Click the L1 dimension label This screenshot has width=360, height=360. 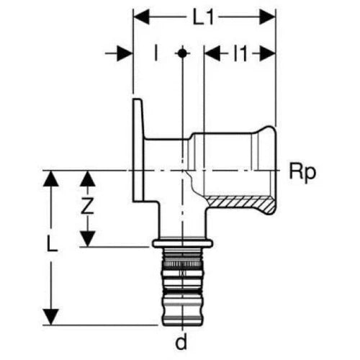pyautogui.click(x=203, y=17)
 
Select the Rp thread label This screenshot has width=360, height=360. pyautogui.click(x=302, y=173)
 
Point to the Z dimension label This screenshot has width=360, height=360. pyautogui.click(x=87, y=206)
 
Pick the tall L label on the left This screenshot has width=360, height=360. pyautogui.click(x=52, y=243)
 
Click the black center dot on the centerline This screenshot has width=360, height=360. pyautogui.click(x=182, y=53)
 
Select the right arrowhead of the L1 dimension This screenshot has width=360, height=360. pyautogui.click(x=267, y=17)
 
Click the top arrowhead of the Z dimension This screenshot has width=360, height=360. pyautogui.click(x=87, y=179)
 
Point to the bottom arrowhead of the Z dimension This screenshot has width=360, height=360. pyautogui.click(x=87, y=238)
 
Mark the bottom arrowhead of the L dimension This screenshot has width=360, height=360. pyautogui.click(x=51, y=318)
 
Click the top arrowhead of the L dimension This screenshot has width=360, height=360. pyautogui.click(x=51, y=179)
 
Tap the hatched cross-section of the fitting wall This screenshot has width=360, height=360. pyautogui.click(x=240, y=203)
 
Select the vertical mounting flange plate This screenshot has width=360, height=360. pyautogui.click(x=138, y=150)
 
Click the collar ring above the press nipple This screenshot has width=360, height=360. pyautogui.click(x=183, y=243)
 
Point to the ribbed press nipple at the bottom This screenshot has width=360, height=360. pyautogui.click(x=182, y=287)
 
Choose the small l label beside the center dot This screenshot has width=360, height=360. pyautogui.click(x=156, y=53)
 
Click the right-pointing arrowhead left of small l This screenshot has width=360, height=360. pyautogui.click(x=125, y=53)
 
